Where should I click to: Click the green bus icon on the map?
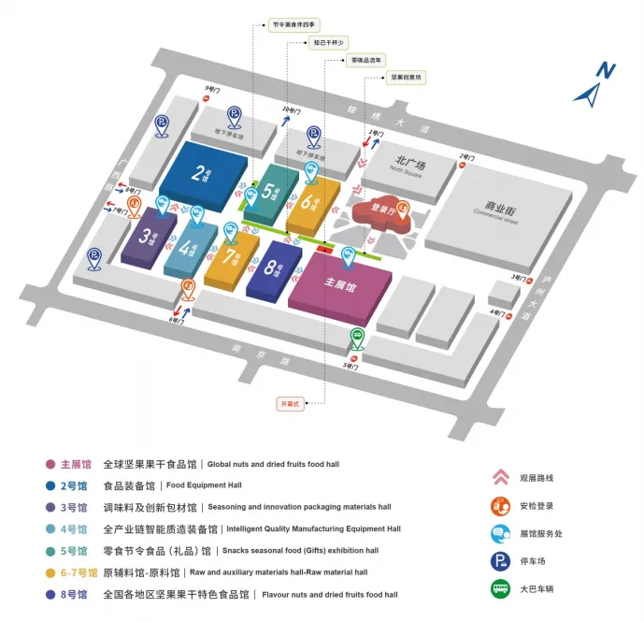[x=356, y=338]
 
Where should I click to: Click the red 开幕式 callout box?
[x=292, y=404]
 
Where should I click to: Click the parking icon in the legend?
[x=500, y=561]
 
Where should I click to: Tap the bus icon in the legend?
[x=500, y=589]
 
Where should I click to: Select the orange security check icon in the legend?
[x=500, y=506]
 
